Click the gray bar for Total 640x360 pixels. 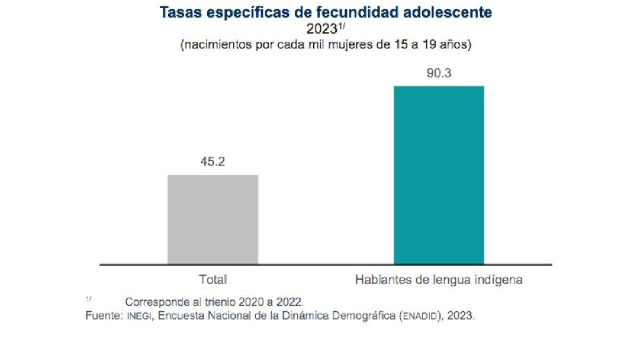(x=212, y=219)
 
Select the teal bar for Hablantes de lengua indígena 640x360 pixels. (x=438, y=175)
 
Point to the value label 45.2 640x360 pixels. (x=212, y=162)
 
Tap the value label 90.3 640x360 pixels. (x=439, y=73)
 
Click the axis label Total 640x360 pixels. (x=212, y=279)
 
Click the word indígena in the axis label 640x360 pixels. (x=499, y=279)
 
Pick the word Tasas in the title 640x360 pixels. (x=179, y=12)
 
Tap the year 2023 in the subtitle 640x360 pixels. (x=321, y=29)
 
